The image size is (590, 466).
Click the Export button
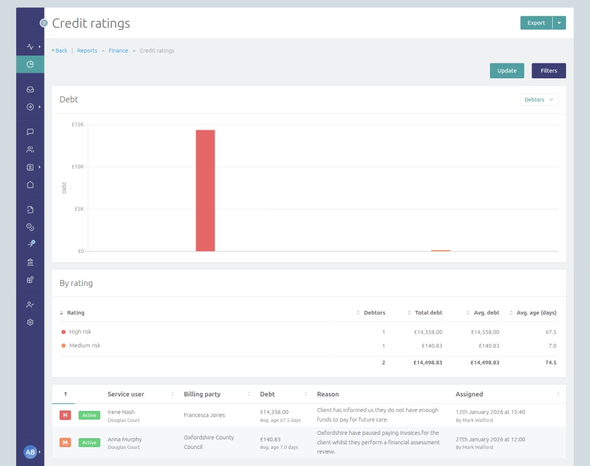click(536, 23)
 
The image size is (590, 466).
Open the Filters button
click(548, 71)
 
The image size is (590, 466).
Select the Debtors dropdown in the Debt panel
click(539, 99)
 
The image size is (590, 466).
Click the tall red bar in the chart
click(205, 191)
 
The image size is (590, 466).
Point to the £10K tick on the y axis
click(78, 167)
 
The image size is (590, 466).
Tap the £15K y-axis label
click(78, 124)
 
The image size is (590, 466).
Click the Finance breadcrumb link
click(118, 51)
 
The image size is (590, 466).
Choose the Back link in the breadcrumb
click(61, 51)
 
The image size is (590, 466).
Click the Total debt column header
click(428, 313)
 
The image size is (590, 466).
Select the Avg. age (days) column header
click(536, 313)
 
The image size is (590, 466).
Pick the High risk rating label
click(80, 332)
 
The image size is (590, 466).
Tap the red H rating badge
click(65, 415)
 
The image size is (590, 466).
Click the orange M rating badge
click(65, 443)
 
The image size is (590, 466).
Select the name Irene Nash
click(121, 412)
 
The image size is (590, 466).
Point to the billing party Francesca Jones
click(204, 415)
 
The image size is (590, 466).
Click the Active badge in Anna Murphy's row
click(89, 443)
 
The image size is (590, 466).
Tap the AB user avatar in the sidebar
click(30, 452)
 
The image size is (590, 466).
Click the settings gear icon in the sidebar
click(30, 322)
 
